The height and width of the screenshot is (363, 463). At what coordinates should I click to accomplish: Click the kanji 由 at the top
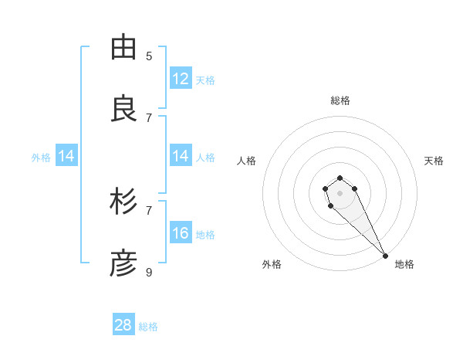[x=123, y=48]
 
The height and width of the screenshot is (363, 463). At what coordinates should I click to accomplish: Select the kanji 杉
[x=123, y=202]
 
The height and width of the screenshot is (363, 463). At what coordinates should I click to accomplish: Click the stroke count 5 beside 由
[x=149, y=56]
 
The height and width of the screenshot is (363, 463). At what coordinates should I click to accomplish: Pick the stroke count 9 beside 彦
[x=149, y=272]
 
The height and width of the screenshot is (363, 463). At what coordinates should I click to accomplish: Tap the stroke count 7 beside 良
[x=149, y=117]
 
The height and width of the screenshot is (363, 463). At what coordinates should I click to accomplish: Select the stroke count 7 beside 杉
[x=149, y=210]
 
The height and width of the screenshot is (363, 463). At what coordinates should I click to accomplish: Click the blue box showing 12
[x=181, y=79]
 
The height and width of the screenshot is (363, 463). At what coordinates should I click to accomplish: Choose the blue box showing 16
[x=181, y=233]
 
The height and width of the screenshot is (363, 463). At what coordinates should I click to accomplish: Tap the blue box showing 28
[x=123, y=325]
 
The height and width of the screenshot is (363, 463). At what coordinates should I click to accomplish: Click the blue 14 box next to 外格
[x=66, y=156]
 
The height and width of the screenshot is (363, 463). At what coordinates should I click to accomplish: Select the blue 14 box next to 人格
[x=181, y=156]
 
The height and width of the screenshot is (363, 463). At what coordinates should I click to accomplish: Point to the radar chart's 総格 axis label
[x=340, y=100]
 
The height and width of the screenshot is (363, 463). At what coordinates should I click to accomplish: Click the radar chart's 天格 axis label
[x=434, y=161]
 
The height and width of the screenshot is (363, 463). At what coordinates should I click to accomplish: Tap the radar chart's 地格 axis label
[x=404, y=264]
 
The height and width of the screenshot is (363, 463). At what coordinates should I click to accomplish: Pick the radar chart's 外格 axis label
[x=272, y=264]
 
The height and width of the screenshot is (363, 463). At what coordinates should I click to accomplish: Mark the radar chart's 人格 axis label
[x=247, y=161]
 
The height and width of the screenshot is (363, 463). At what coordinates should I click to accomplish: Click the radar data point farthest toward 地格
[x=385, y=256]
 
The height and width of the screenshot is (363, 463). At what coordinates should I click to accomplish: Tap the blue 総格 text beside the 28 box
[x=148, y=327]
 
